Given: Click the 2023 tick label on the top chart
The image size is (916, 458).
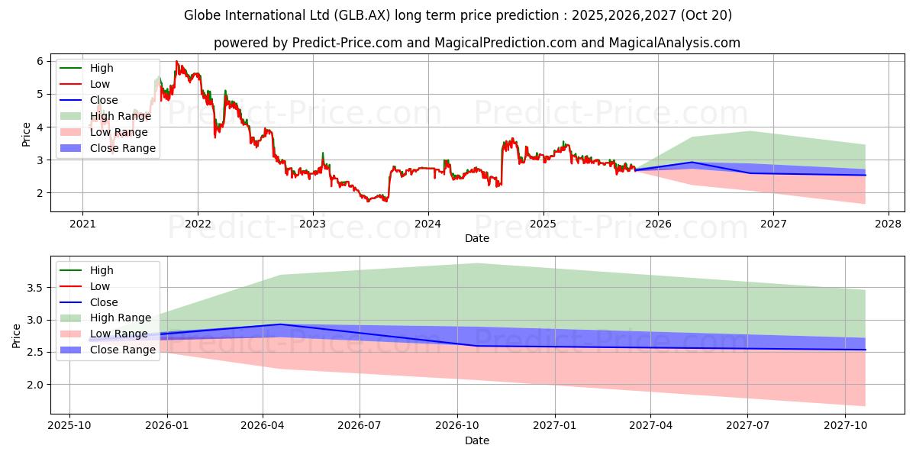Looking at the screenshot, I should click(312, 224).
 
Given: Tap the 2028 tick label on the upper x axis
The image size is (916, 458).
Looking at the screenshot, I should click(888, 224).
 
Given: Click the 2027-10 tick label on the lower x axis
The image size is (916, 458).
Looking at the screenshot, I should click(845, 426).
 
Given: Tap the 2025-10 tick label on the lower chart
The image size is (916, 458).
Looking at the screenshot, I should click(69, 426).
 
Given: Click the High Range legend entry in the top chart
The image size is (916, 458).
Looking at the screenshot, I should click(122, 116).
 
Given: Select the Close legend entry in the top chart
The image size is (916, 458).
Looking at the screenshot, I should click(104, 100).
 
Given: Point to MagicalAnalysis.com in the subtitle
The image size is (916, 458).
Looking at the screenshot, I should click(674, 43).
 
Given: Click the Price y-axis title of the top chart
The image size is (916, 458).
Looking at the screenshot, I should click(26, 134).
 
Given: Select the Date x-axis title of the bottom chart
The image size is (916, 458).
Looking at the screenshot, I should click(477, 440).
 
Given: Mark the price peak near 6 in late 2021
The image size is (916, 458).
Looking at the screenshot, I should click(176, 61).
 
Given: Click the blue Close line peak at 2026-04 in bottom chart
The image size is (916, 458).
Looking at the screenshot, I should click(282, 324).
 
